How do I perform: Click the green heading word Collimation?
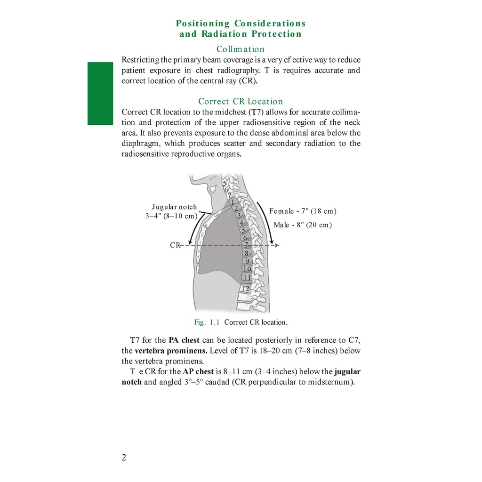[x=241, y=49]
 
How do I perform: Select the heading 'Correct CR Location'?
[x=241, y=101]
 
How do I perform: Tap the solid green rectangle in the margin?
[x=100, y=94]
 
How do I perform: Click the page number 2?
[x=124, y=458]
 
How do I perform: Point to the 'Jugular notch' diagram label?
[x=174, y=207]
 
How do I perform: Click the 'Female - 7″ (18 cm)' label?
[x=303, y=211]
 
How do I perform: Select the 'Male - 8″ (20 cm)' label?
[x=303, y=225]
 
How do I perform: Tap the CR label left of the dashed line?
[x=175, y=245]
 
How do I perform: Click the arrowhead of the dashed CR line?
[x=278, y=245]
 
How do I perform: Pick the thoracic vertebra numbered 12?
[x=245, y=288]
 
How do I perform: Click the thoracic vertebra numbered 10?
[x=247, y=269]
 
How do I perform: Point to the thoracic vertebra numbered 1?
[x=233, y=202]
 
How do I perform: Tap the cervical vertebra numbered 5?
[x=225, y=183]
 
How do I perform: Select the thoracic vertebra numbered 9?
[x=247, y=261]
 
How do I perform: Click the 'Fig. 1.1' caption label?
[x=207, y=322]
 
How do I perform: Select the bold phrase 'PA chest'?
[x=184, y=340]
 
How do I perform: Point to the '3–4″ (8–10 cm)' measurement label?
[x=171, y=216]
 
